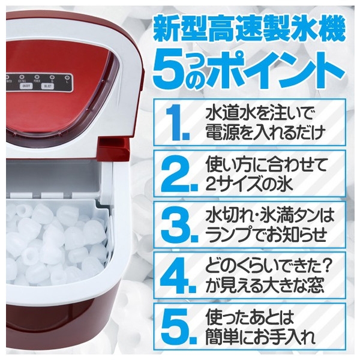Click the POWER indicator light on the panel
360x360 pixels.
point(37,76)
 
